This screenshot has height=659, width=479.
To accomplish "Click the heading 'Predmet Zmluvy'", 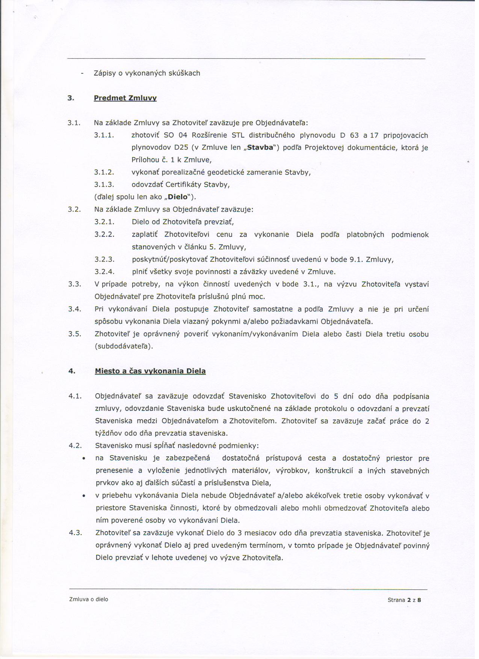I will [x=125, y=98].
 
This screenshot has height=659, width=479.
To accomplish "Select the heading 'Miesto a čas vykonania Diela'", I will [x=150, y=371].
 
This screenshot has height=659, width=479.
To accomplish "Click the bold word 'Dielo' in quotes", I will [x=178, y=197].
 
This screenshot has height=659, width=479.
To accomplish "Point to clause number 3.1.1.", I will [x=104, y=135].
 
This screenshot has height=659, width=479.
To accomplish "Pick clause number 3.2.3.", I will [x=104, y=259].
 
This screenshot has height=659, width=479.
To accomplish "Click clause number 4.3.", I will [x=75, y=533].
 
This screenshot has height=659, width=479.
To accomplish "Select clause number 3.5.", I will [x=75, y=334].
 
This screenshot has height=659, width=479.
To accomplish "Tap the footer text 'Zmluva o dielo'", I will [x=89, y=599].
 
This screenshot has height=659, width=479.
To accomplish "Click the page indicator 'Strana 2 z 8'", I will [x=404, y=600].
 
